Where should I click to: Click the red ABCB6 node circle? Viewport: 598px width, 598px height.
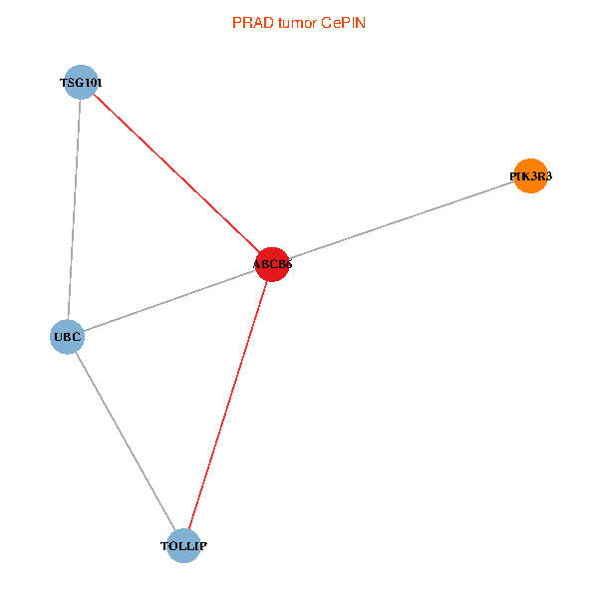coord(272,264)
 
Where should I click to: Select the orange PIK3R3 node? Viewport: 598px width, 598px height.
coord(530,176)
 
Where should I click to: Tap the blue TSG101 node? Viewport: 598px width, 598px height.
coord(80,82)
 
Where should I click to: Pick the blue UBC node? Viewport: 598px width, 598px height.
coord(67,337)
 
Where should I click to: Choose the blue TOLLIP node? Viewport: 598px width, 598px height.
coord(184,546)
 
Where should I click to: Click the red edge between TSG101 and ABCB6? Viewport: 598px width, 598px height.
coord(176,173)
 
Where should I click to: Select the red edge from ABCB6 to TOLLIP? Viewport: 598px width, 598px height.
coord(228,405)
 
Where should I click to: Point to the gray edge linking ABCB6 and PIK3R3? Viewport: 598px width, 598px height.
coord(401,220)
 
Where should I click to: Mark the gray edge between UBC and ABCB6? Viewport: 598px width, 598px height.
coord(169,301)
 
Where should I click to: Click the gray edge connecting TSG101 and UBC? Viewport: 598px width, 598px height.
coord(74,209)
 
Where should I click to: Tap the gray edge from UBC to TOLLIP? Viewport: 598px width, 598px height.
coord(126,442)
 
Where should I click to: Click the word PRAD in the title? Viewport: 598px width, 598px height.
coord(249,22)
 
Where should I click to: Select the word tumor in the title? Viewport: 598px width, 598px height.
coord(296,22)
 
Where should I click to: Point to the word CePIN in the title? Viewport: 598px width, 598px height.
coord(345,22)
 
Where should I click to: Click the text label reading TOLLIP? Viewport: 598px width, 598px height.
coord(184,546)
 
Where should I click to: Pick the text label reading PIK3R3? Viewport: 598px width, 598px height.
coord(530,176)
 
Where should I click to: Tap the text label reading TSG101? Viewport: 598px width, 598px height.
coord(80,82)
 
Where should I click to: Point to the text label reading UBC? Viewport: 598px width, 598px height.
coord(67,337)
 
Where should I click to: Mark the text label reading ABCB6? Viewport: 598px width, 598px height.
coord(272,264)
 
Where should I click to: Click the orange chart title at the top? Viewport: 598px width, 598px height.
coord(299,22)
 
